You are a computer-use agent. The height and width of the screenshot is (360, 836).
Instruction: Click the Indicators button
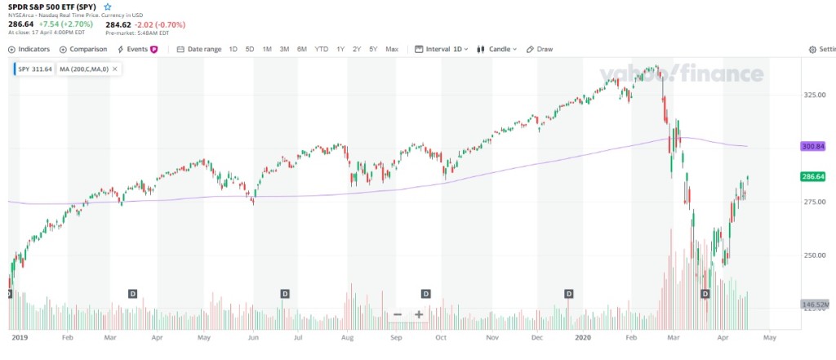[x=29, y=49]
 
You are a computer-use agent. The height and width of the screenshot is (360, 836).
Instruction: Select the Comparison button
[x=83, y=49]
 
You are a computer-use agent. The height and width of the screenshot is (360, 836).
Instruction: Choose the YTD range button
[x=322, y=49]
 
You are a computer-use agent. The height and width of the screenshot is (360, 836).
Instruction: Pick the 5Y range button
[x=373, y=49]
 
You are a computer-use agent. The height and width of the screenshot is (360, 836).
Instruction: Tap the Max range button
[x=392, y=49]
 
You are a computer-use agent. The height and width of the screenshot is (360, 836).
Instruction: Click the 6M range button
[x=302, y=49]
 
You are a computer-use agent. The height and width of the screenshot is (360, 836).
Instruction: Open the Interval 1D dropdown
[x=442, y=49]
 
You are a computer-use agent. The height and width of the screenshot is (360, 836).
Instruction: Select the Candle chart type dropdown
[x=497, y=49]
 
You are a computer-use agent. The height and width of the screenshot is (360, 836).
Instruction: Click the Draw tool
[x=540, y=49]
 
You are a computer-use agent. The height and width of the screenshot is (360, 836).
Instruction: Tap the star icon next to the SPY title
[x=108, y=7]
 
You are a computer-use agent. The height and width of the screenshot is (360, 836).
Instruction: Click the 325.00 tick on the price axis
[x=814, y=95]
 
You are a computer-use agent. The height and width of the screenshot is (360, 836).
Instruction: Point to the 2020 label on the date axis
[x=582, y=336]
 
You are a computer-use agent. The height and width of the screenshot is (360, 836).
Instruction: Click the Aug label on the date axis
[x=348, y=336]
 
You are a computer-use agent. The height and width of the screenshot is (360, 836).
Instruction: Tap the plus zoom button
[x=419, y=314]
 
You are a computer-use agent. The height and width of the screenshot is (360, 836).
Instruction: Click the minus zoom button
[x=398, y=314]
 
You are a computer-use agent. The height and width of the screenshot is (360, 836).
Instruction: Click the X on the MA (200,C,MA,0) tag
[x=115, y=69]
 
